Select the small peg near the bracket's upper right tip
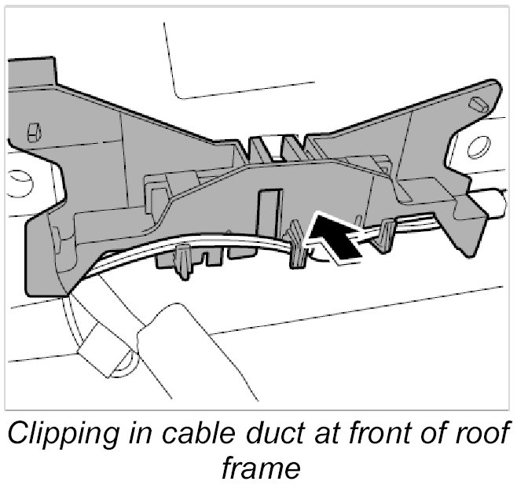[x=475, y=104]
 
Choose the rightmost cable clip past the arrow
[x=386, y=235]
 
